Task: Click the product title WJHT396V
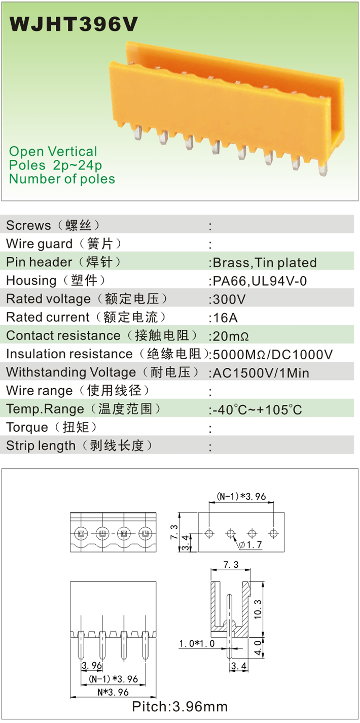pos(74,24)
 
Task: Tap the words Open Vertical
pos(53,151)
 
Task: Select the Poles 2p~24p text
pos(55,165)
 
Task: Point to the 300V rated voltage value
pos(228,299)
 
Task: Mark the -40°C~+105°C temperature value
pos(257,409)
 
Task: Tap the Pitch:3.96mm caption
pos(180,706)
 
